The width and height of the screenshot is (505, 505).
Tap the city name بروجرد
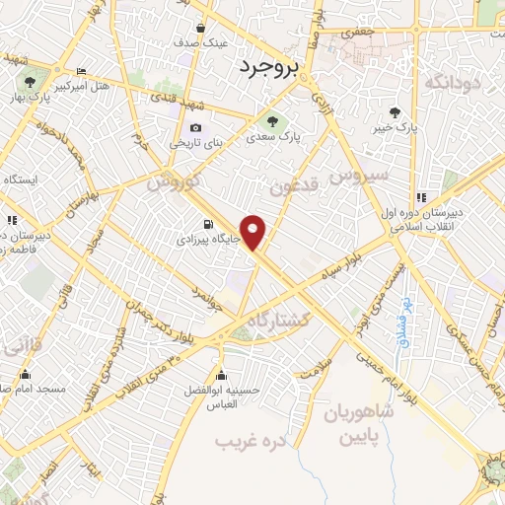(264, 66)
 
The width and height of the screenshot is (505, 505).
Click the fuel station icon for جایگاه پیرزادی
(207, 224)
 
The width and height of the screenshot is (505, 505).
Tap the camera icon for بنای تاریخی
(195, 128)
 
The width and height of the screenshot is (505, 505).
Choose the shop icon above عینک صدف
(201, 28)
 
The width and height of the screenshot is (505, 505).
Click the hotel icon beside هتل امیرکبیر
(81, 71)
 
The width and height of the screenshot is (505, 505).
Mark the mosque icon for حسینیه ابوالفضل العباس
(223, 375)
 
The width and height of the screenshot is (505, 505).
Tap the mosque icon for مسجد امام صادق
(25, 375)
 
